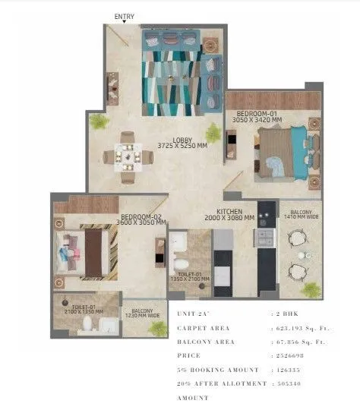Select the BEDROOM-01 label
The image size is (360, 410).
click(256, 113)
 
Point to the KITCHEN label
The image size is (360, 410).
click(229, 212)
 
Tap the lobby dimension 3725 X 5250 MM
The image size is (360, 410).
click(183, 146)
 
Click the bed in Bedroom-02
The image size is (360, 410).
click(88, 252)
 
